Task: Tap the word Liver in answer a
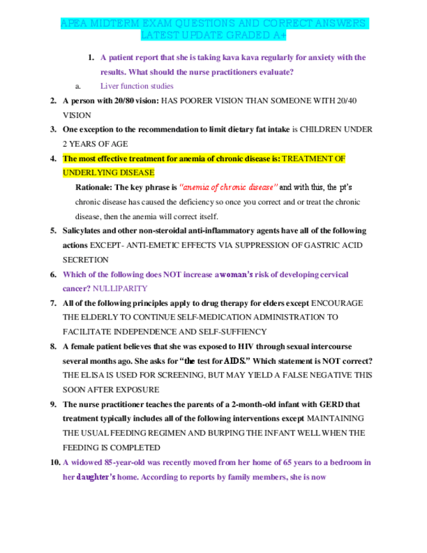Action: tap(110, 85)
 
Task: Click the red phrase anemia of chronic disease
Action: tap(228, 187)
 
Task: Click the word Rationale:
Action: tap(95, 187)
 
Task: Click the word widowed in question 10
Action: tap(85, 462)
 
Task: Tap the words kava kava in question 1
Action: tap(224, 57)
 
